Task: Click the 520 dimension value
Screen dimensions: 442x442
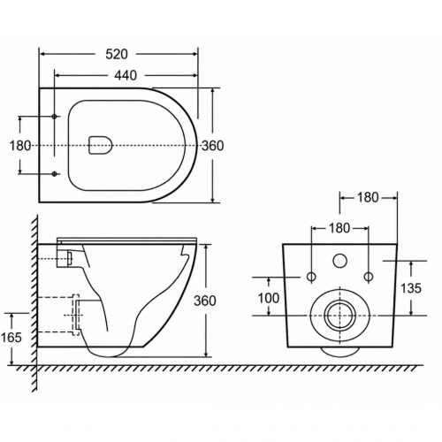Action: coord(117,54)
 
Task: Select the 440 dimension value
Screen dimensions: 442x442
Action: coord(126,76)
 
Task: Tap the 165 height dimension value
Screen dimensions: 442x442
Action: coord(11,338)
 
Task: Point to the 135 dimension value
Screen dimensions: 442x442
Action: coord(411,288)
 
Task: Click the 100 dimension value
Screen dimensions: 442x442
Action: coord(269,298)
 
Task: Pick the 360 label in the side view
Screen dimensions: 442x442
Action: coord(205,301)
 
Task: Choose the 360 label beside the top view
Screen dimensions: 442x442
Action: coord(212,146)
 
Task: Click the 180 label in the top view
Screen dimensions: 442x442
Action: coord(20,146)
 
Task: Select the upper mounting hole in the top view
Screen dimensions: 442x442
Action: coord(54,117)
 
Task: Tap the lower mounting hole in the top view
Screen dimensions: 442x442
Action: coord(54,174)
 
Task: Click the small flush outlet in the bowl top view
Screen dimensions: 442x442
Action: coord(101,145)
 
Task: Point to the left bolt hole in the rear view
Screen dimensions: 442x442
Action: coord(311,277)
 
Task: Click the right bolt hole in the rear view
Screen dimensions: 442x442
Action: coord(369,277)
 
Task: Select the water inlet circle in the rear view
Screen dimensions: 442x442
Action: coord(340,261)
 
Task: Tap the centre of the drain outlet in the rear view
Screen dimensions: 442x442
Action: coord(340,316)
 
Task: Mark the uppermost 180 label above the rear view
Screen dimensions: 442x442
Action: coord(368,197)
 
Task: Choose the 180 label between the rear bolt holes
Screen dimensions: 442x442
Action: coord(339,228)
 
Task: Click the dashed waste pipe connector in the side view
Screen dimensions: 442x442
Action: coord(76,315)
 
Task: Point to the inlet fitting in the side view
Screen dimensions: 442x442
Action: coord(65,258)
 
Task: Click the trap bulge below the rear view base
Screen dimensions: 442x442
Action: coord(340,351)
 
